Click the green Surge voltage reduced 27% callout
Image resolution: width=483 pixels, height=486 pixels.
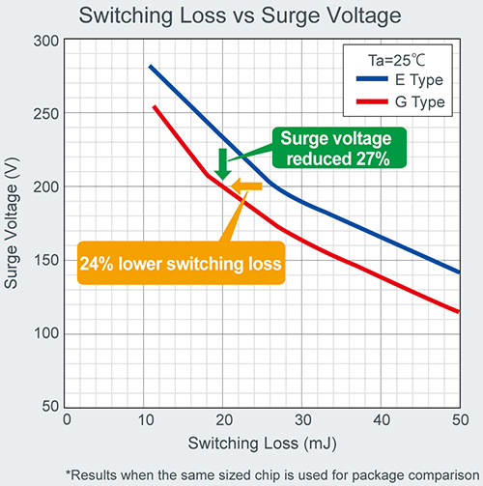point(338,148)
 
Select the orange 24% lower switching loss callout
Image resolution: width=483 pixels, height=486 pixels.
point(181,263)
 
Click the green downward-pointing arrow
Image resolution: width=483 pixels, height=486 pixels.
point(222,163)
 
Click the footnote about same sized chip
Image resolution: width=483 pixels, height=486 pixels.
point(263,473)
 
